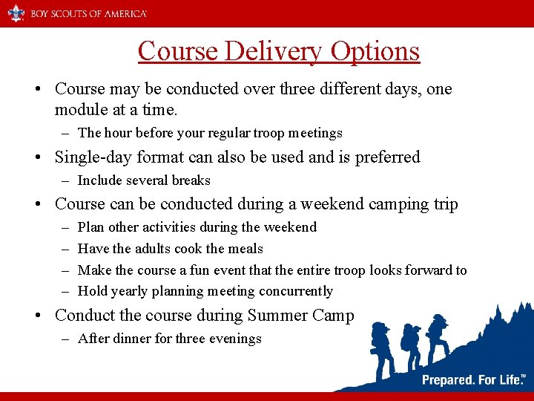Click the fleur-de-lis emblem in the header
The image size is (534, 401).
[x=16, y=13]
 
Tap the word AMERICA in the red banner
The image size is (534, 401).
[x=122, y=14]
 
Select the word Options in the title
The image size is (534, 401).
[x=375, y=51]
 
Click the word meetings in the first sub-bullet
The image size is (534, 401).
[x=315, y=133]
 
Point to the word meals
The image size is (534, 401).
[x=246, y=249]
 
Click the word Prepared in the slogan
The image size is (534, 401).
[x=449, y=380]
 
